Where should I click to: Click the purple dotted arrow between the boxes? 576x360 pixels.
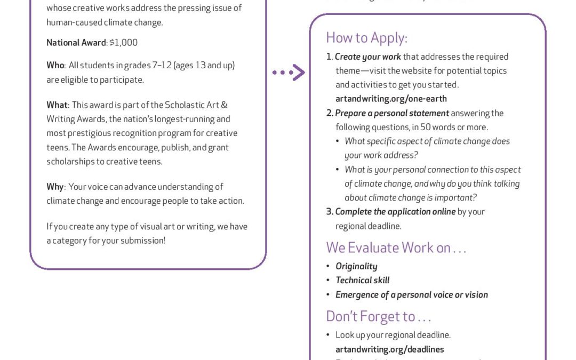click(x=289, y=73)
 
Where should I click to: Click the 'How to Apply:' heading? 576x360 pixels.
click(x=366, y=37)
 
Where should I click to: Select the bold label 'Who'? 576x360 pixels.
click(x=55, y=66)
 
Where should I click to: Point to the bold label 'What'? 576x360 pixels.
click(x=57, y=105)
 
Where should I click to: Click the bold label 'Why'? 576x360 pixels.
click(x=54, y=187)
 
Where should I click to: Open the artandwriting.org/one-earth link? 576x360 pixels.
click(x=391, y=99)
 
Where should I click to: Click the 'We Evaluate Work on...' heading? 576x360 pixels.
click(x=396, y=248)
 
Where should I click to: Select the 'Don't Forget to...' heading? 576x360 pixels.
click(x=378, y=316)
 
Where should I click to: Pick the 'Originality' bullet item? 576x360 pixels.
click(x=356, y=266)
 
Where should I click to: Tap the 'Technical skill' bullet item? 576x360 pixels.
click(x=362, y=280)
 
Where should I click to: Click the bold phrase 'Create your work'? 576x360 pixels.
click(x=367, y=57)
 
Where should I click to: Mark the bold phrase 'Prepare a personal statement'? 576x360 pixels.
click(x=392, y=113)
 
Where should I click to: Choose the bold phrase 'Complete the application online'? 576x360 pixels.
click(x=395, y=212)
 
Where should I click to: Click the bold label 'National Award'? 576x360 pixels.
click(x=76, y=42)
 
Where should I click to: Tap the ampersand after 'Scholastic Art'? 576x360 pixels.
click(x=223, y=105)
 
